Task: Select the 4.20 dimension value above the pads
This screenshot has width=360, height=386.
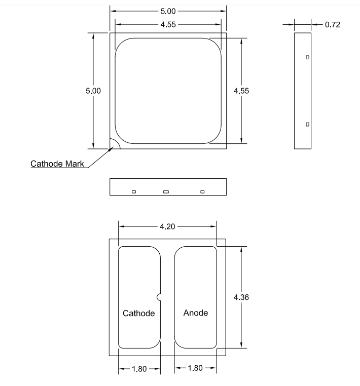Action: [167, 226]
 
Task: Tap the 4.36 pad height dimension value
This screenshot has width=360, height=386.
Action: [241, 297]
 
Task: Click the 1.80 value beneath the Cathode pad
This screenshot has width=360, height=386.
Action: [139, 369]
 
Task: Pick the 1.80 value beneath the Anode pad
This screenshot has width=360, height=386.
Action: [195, 369]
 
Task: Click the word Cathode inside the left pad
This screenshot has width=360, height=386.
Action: [139, 313]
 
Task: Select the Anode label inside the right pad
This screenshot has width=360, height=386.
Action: [195, 313]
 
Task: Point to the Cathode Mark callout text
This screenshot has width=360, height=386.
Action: [57, 164]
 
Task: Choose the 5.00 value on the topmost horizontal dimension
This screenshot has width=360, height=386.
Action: [168, 11]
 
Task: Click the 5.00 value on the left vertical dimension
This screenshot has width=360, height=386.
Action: [93, 91]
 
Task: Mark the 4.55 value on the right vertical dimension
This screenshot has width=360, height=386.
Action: [241, 91]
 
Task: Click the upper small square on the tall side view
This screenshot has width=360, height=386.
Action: [307, 57]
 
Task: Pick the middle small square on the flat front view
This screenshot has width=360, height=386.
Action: [166, 191]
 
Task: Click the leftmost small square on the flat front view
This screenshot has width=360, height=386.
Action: [134, 191]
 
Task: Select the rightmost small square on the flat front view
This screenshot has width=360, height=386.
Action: [202, 191]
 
